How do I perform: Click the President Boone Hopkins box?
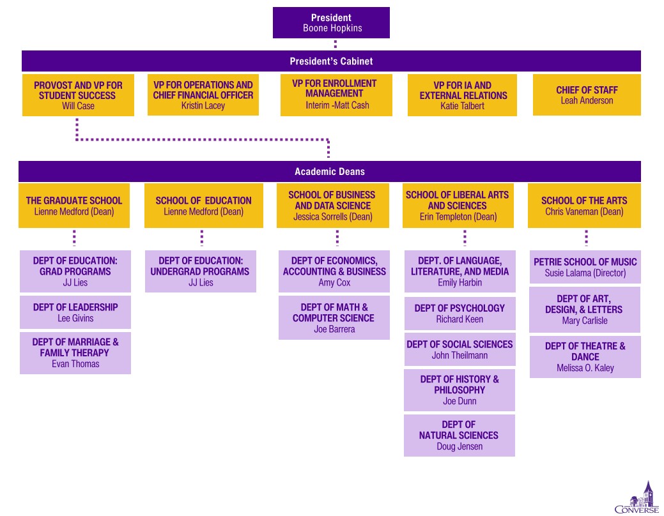[331, 23]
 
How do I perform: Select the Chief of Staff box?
[587, 95]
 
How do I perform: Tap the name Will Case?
[78, 106]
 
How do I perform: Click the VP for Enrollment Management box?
[336, 95]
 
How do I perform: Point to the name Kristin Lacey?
[203, 105]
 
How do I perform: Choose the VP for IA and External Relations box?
[462, 95]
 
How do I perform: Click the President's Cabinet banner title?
[331, 61]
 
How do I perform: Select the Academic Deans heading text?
[330, 171]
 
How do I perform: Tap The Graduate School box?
[74, 206]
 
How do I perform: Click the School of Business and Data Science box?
[333, 206]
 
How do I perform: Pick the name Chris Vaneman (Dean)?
[584, 211]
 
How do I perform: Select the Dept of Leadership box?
[75, 312]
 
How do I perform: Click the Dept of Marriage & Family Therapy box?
[75, 353]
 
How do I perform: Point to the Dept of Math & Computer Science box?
[334, 317]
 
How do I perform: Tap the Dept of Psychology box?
[460, 314]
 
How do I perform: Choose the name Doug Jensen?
[459, 446]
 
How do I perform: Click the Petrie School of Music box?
[585, 267]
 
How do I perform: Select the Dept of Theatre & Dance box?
[585, 357]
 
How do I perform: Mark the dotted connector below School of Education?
[201, 238]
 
